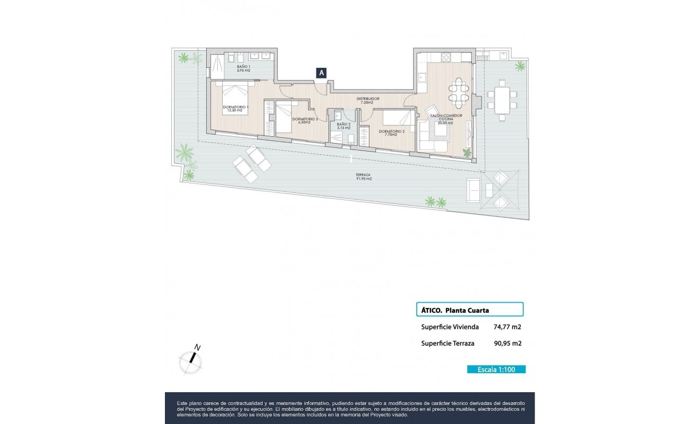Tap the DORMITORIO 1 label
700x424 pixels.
(x=236, y=109)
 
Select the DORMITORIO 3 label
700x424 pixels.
(x=304, y=120)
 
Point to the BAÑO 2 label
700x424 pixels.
(x=343, y=126)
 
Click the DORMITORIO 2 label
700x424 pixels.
(x=391, y=132)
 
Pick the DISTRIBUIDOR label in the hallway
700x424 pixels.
(x=367, y=100)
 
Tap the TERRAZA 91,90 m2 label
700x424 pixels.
(x=364, y=176)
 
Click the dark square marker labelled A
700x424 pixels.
(x=321, y=74)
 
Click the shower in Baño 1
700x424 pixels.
(x=218, y=66)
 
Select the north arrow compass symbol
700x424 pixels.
(x=190, y=360)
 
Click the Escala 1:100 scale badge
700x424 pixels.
(x=496, y=369)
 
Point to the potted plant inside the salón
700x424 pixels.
(x=467, y=153)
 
